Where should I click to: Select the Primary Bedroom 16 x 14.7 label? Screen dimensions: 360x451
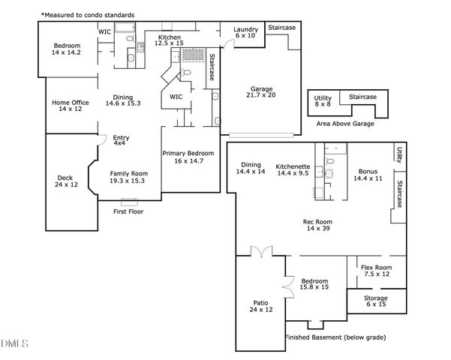[x=183, y=157]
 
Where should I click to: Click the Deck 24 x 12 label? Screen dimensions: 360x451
[x=65, y=181]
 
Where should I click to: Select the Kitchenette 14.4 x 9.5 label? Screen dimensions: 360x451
[x=293, y=168]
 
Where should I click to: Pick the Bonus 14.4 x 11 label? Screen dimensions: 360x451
[x=368, y=175]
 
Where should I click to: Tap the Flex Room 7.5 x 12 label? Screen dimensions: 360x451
[x=375, y=271]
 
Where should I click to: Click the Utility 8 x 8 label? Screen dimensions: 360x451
[x=323, y=102]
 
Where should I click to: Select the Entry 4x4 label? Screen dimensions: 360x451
[x=121, y=140]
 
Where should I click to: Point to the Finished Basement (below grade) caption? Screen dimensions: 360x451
[x=335, y=337]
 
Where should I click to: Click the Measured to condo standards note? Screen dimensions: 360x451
[x=89, y=14]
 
